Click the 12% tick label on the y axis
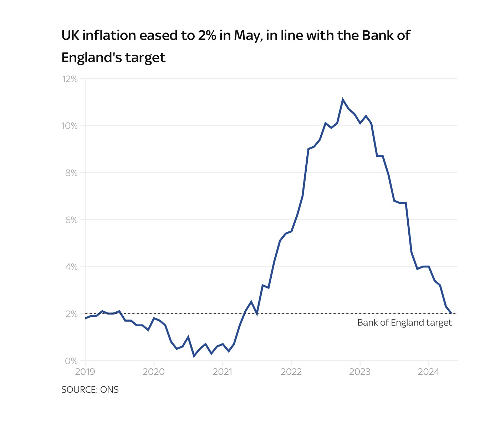(70, 79)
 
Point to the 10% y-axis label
(70, 126)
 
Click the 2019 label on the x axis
(85, 372)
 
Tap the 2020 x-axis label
(154, 372)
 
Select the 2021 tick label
(223, 372)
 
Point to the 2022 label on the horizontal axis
(291, 372)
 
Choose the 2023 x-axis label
(360, 372)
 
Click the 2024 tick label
(429, 372)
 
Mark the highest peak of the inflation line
(343, 100)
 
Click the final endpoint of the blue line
(451, 313)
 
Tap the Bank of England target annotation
(404, 323)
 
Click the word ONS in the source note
(109, 390)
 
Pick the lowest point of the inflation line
(194, 356)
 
